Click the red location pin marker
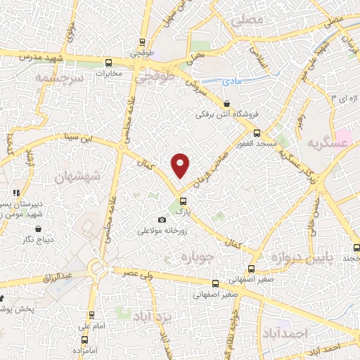181,165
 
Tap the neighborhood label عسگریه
327,143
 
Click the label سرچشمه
60,78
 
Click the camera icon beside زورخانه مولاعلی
162,220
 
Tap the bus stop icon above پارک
184,200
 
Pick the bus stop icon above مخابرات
107,62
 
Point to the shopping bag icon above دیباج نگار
37,229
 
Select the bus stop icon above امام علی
91,316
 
